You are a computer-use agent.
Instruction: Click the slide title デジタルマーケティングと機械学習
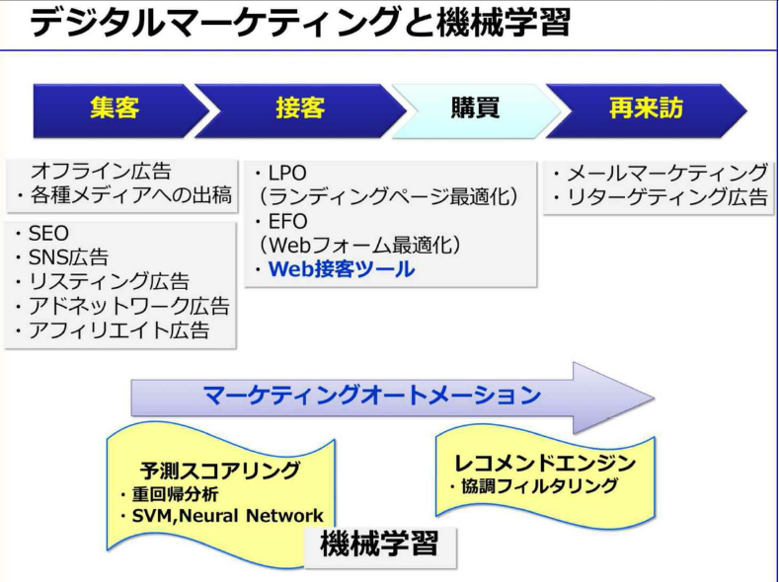tap(300, 23)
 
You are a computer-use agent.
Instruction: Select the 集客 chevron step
tap(119, 110)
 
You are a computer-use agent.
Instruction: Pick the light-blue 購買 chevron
tap(476, 110)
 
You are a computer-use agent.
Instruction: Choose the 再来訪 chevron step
tap(646, 110)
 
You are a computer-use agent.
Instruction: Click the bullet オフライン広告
tap(101, 172)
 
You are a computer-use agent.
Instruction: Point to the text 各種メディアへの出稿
tap(130, 195)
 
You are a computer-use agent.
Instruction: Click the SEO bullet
tap(48, 233)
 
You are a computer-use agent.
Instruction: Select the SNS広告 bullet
tap(68, 257)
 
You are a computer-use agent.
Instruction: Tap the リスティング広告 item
tap(109, 282)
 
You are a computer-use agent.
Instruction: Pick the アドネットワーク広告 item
tap(128, 306)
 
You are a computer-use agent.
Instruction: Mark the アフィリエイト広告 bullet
tap(118, 330)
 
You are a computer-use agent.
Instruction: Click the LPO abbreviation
tap(287, 174)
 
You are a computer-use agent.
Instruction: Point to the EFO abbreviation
tap(287, 221)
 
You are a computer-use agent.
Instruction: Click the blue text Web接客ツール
tap(342, 269)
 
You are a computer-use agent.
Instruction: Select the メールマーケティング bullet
tap(666, 174)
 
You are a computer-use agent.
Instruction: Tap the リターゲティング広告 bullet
tap(666, 197)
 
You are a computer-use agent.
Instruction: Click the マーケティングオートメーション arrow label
tap(371, 396)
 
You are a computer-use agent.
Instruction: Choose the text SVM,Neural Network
tap(227, 516)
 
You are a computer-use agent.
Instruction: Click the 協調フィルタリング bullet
tap(539, 486)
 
